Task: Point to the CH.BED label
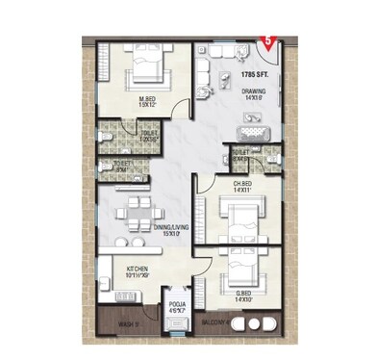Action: click(242, 183)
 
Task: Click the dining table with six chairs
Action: click(138, 212)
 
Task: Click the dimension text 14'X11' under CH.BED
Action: click(242, 191)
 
